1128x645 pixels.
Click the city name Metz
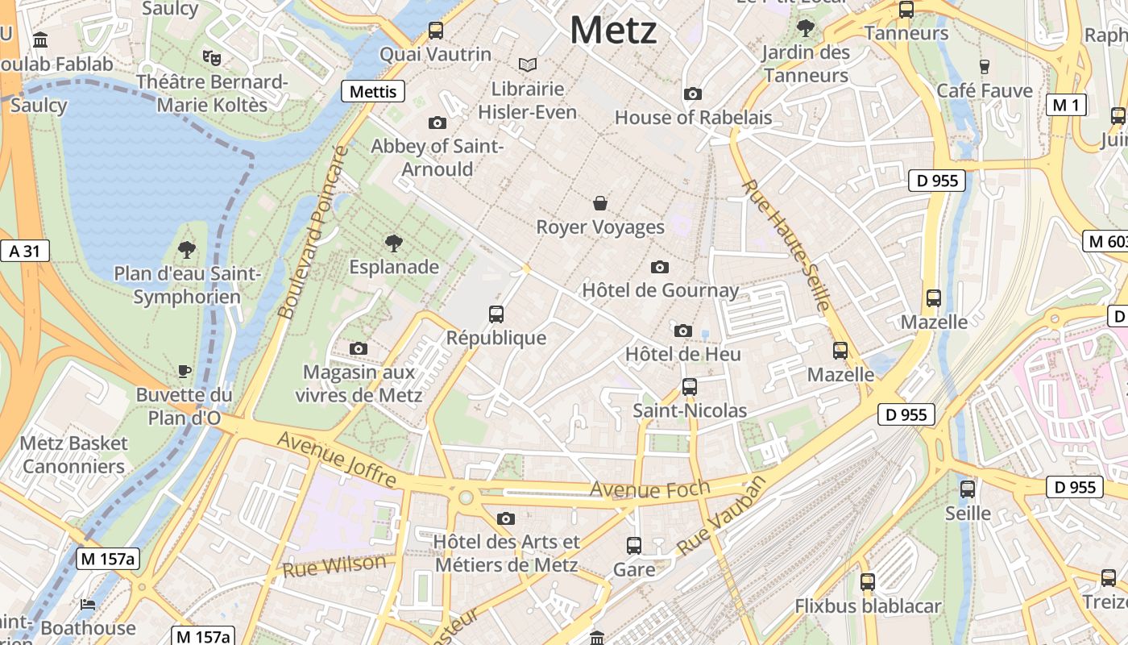tap(613, 31)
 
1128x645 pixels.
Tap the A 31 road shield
tap(24, 251)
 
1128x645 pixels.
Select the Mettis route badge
tap(373, 91)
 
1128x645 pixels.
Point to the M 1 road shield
tap(1066, 104)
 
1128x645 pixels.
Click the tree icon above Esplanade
tap(394, 243)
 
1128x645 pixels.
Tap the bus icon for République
tap(496, 314)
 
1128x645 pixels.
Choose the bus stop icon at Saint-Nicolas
tap(689, 387)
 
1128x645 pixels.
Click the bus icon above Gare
tap(634, 546)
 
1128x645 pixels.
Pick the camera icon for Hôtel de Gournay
tap(660, 267)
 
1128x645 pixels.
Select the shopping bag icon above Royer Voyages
tap(600, 203)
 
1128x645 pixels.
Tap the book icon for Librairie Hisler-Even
tap(528, 64)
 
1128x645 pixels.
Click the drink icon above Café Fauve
tap(984, 66)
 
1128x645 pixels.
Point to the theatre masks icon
tap(212, 57)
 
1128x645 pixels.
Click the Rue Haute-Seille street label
tap(786, 245)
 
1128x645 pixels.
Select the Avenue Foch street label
tap(650, 488)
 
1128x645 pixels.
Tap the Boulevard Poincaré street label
tap(311, 232)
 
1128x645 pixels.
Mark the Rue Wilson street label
tap(334, 565)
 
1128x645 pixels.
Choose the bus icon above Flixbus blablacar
tap(868, 581)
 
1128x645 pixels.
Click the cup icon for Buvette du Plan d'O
tap(185, 371)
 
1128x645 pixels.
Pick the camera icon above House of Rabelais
tap(692, 94)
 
